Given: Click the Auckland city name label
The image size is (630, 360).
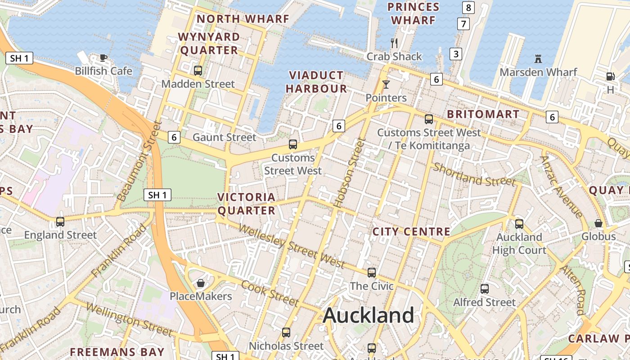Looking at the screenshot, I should click(369, 315).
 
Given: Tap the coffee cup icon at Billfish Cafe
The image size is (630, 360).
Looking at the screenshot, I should click(103, 57).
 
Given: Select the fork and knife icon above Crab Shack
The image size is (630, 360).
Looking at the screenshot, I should click(394, 43).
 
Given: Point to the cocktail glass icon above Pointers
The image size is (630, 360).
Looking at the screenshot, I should click(386, 84).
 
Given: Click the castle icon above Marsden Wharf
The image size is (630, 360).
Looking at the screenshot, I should click(538, 58).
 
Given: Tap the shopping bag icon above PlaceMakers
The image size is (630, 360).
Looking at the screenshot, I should click(201, 283).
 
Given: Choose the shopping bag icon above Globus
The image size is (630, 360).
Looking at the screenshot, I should click(598, 223).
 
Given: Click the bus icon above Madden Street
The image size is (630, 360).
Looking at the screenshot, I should click(198, 71).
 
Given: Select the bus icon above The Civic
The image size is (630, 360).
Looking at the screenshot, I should click(372, 272).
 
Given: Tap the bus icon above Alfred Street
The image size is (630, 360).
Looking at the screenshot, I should click(485, 289).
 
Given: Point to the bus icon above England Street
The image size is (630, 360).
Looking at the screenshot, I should click(60, 221).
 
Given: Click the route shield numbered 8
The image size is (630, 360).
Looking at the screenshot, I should click(468, 8).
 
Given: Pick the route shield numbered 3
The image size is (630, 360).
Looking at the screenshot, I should click(456, 54).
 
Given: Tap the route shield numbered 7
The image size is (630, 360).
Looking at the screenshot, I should click(463, 24).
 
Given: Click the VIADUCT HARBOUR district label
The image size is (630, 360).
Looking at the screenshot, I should click(316, 82).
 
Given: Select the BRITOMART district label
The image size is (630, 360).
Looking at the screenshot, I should click(483, 114).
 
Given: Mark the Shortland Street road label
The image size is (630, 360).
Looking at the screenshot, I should click(474, 175).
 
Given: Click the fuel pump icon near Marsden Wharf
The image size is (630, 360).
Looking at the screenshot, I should click(610, 77).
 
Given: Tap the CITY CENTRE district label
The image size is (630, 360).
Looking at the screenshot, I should click(411, 232).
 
